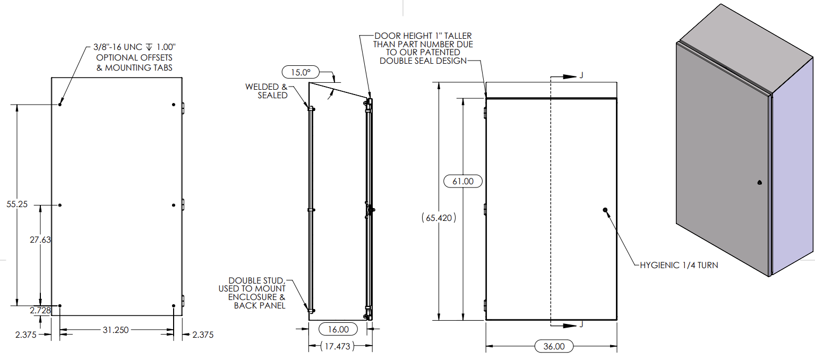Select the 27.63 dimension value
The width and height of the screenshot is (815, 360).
40,239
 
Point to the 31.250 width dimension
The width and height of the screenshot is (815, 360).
115,330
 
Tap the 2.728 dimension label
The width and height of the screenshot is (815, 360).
40,310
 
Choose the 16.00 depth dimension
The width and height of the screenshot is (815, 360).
339,329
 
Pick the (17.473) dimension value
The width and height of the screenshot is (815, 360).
339,346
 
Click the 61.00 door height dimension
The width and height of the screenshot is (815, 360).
462,181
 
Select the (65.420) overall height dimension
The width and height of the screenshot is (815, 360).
439,218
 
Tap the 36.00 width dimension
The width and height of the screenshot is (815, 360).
553,346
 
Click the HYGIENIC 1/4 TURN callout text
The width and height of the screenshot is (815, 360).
679,265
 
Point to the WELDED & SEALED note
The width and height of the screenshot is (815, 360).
266,91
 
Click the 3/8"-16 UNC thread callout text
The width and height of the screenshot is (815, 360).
130,48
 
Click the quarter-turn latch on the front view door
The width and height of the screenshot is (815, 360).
606,210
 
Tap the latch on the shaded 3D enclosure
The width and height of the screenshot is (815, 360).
759,183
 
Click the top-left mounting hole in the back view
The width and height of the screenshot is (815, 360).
60,104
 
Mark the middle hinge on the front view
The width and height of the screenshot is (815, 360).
485,209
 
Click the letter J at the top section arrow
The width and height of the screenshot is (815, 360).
581,76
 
